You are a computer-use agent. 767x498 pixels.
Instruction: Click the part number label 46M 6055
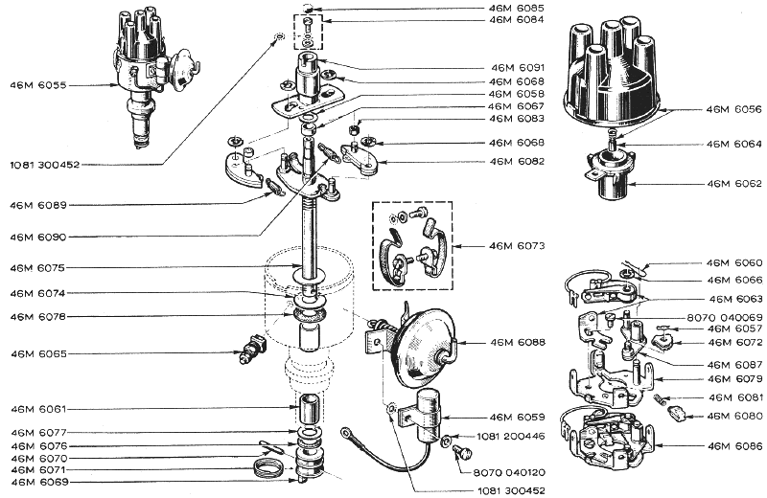[x=38, y=86]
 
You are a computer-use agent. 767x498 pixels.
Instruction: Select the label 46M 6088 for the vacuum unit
[x=517, y=342]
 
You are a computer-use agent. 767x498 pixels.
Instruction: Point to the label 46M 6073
[x=517, y=246]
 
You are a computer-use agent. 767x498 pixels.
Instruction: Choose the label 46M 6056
[x=735, y=110]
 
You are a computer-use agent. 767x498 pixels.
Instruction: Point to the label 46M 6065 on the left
[x=38, y=354]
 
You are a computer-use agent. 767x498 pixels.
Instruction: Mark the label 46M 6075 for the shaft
[x=38, y=267]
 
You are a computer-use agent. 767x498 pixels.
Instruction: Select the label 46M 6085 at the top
[x=517, y=8]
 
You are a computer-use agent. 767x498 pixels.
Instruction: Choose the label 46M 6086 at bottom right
[x=735, y=445]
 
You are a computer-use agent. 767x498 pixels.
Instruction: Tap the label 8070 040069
[x=725, y=317]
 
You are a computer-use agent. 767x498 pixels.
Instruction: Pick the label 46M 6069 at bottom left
[x=38, y=482]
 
